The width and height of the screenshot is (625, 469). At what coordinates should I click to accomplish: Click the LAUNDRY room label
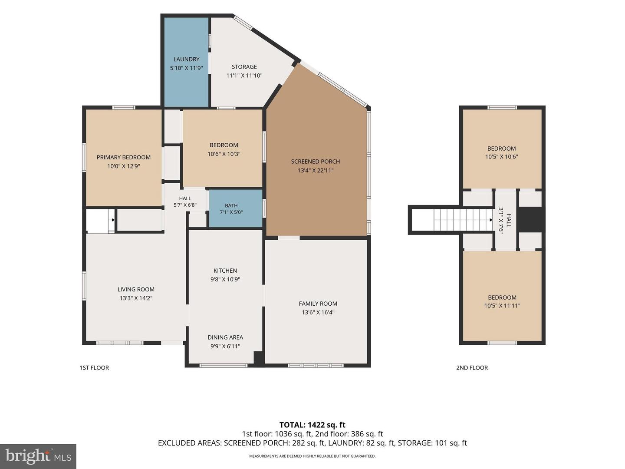187,59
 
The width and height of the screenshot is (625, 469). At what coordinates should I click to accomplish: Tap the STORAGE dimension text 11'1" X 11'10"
244,76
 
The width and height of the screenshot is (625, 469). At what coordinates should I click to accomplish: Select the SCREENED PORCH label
315,162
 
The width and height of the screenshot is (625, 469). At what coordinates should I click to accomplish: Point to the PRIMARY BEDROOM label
124,157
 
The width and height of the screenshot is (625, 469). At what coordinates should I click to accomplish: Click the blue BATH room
236,208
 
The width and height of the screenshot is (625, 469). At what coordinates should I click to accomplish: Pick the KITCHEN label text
225,271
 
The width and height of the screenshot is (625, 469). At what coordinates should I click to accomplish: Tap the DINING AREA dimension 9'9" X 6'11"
225,346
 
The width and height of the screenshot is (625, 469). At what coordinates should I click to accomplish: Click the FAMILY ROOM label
318,304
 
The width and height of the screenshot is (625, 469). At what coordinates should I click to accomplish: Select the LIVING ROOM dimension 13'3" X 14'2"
136,298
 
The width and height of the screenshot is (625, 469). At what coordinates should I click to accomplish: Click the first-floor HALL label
185,198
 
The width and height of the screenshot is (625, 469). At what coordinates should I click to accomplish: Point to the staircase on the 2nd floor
463,220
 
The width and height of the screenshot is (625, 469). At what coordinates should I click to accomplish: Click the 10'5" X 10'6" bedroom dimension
501,157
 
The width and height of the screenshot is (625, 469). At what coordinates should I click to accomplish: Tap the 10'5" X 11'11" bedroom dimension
502,306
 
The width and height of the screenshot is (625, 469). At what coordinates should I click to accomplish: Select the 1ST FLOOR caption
94,368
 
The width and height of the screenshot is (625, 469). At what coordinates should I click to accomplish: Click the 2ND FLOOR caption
472,368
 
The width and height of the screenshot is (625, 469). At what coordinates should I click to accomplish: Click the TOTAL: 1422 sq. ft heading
312,425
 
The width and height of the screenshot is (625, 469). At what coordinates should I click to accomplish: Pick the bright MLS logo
38,456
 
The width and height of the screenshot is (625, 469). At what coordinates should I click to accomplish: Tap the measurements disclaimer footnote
312,456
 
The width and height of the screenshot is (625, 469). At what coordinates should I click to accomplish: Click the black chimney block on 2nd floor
530,219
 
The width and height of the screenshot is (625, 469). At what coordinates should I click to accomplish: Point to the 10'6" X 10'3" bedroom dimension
224,154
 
